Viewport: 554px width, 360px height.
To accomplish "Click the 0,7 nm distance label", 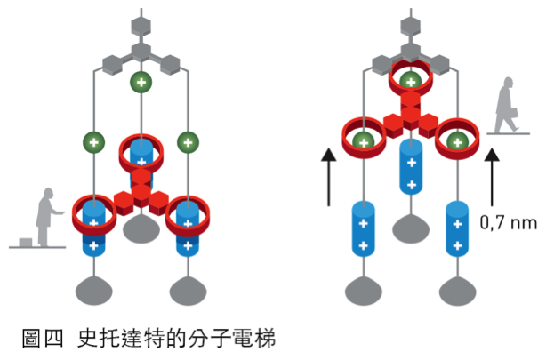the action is click(508, 223).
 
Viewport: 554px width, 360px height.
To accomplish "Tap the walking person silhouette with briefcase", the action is click(507, 105).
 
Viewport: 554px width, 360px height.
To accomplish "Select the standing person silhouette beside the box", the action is click(48, 217).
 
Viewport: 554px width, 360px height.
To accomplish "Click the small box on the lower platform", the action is click(26, 243).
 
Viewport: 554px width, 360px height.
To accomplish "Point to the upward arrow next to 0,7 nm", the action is click(492, 177).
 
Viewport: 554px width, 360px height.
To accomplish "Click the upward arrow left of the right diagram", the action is click(329, 177).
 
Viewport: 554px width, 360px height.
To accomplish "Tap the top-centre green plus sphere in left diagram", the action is click(141, 83).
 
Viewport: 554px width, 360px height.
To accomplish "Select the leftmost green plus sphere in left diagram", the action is click(93, 142).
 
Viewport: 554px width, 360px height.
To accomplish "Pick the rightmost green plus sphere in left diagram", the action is click(188, 142).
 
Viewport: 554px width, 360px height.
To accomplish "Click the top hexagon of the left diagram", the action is click(141, 26).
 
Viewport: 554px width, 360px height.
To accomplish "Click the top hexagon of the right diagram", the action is click(411, 26).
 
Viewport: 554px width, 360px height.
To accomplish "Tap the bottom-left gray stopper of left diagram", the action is click(94, 292).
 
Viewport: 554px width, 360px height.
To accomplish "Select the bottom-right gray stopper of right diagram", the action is click(458, 292).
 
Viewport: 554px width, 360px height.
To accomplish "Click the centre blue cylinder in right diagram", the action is click(411, 167).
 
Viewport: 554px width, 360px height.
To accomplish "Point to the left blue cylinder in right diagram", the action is click(363, 229).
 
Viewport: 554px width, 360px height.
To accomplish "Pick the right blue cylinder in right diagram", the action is click(457, 229).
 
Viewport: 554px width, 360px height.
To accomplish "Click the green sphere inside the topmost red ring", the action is click(411, 82).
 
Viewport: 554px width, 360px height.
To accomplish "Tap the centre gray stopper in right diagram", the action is click(411, 229).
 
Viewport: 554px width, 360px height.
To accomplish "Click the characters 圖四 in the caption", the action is click(43, 338).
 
